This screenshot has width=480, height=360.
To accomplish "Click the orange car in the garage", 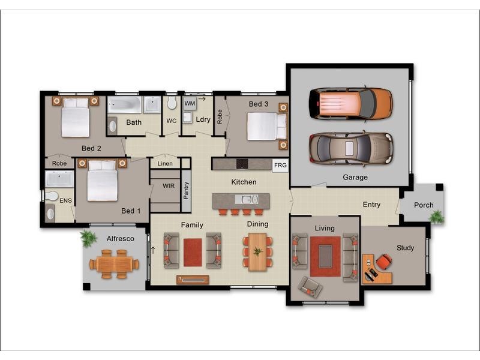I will tap(351, 103).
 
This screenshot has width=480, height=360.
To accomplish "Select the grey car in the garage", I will tap(351, 148).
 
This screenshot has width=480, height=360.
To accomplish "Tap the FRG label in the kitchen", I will tap(280, 165).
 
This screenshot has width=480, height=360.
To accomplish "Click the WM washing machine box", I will tap(190, 103).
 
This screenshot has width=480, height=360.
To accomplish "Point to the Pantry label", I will tap(186, 191).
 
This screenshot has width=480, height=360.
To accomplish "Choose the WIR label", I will tap(169, 186).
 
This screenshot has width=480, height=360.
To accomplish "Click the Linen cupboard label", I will tap(165, 163).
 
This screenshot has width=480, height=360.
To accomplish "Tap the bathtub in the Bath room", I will tap(125, 106).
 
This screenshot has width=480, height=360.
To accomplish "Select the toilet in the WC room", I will tap(172, 104).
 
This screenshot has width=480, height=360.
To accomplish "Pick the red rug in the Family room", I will tap(193, 252).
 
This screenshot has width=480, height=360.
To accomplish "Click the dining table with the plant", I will tap(257, 251).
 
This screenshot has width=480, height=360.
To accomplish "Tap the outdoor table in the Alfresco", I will tap(114, 264).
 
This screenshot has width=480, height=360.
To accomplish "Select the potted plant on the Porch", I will tap(437, 217).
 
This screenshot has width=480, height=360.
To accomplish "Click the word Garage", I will tap(355, 178).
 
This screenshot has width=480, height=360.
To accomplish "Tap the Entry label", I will tap(371, 205).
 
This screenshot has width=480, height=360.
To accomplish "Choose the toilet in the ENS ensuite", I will tap(52, 196).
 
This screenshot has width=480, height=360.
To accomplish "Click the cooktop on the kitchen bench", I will tap(242, 163).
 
